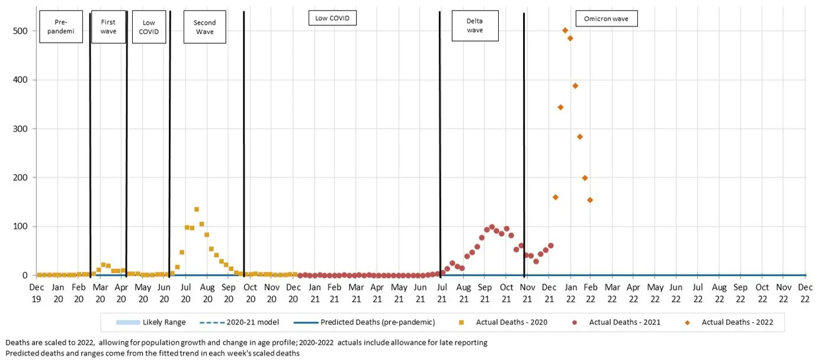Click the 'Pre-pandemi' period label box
click(61, 27)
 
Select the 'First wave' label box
click(108, 27)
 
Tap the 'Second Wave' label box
click(205, 27)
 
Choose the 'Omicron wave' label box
click(607, 19)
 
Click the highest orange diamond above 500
click(565, 30)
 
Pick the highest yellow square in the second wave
click(197, 209)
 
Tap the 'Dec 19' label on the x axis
click(37, 292)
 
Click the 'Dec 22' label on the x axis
click(805, 292)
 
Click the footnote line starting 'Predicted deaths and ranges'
click(152, 353)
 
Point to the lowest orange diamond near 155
click(590, 200)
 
